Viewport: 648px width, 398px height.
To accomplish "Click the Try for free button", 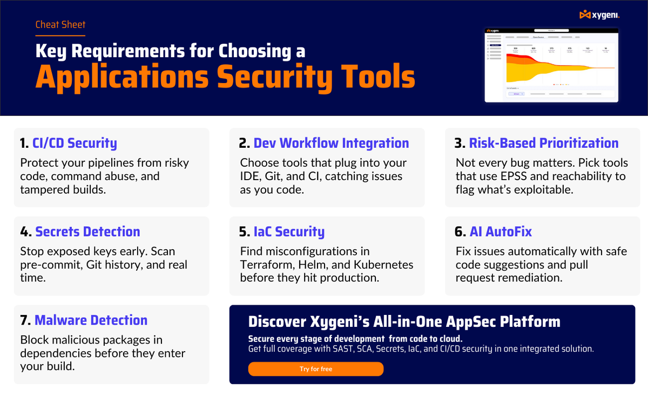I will click(x=315, y=369).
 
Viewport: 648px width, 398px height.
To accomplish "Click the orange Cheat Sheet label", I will click(x=60, y=24).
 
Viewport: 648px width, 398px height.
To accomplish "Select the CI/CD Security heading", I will click(x=75, y=143).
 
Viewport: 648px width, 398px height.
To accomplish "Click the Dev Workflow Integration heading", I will click(x=331, y=143).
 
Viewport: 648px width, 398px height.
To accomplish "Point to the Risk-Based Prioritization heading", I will click(x=543, y=143).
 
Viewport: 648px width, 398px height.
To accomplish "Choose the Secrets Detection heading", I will click(x=87, y=232).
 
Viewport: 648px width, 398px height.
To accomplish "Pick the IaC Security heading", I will click(x=289, y=232).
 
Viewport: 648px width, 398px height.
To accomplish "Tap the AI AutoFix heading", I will click(x=501, y=232).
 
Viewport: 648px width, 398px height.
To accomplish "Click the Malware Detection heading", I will click(x=91, y=320).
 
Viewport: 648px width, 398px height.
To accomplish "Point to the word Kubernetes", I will click(x=383, y=265).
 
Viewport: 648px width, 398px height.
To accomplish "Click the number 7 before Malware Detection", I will click(x=24, y=320).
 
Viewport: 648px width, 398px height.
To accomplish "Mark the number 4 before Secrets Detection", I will click(x=25, y=232).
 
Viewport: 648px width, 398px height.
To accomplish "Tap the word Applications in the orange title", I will click(x=122, y=77).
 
